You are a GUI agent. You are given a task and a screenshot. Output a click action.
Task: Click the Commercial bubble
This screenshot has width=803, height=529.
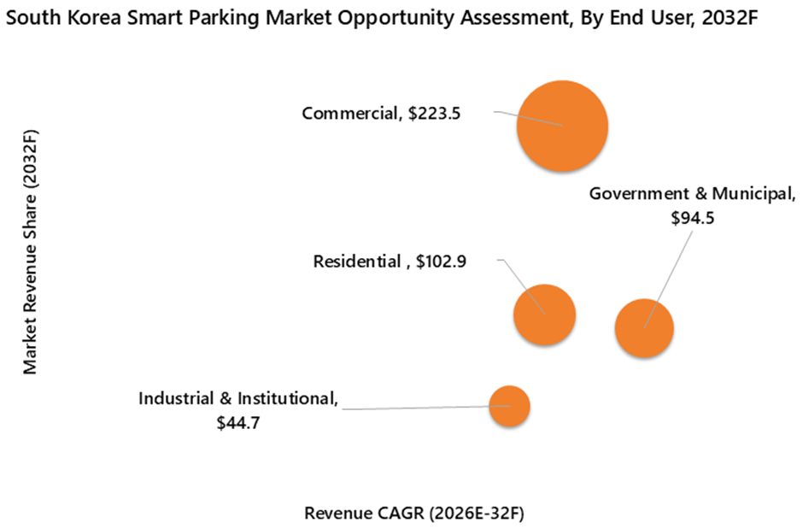[x=562, y=126]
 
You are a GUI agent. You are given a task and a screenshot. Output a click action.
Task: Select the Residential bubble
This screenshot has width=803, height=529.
[x=544, y=314]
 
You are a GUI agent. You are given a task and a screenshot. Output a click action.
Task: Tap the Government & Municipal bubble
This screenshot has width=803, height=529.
[x=644, y=328]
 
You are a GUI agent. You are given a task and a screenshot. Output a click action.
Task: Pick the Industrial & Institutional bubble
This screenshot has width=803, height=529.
[x=509, y=407]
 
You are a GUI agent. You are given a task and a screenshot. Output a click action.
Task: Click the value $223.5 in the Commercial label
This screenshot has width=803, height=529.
[x=435, y=113]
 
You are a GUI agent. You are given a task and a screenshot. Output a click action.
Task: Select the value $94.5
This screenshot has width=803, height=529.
[x=692, y=218]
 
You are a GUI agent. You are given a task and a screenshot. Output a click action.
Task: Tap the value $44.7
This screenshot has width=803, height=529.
[x=238, y=421]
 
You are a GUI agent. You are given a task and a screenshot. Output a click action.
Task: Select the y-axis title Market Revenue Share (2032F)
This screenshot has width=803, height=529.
[x=31, y=252]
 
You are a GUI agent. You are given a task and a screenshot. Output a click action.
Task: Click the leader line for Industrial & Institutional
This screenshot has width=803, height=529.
[x=419, y=408]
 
